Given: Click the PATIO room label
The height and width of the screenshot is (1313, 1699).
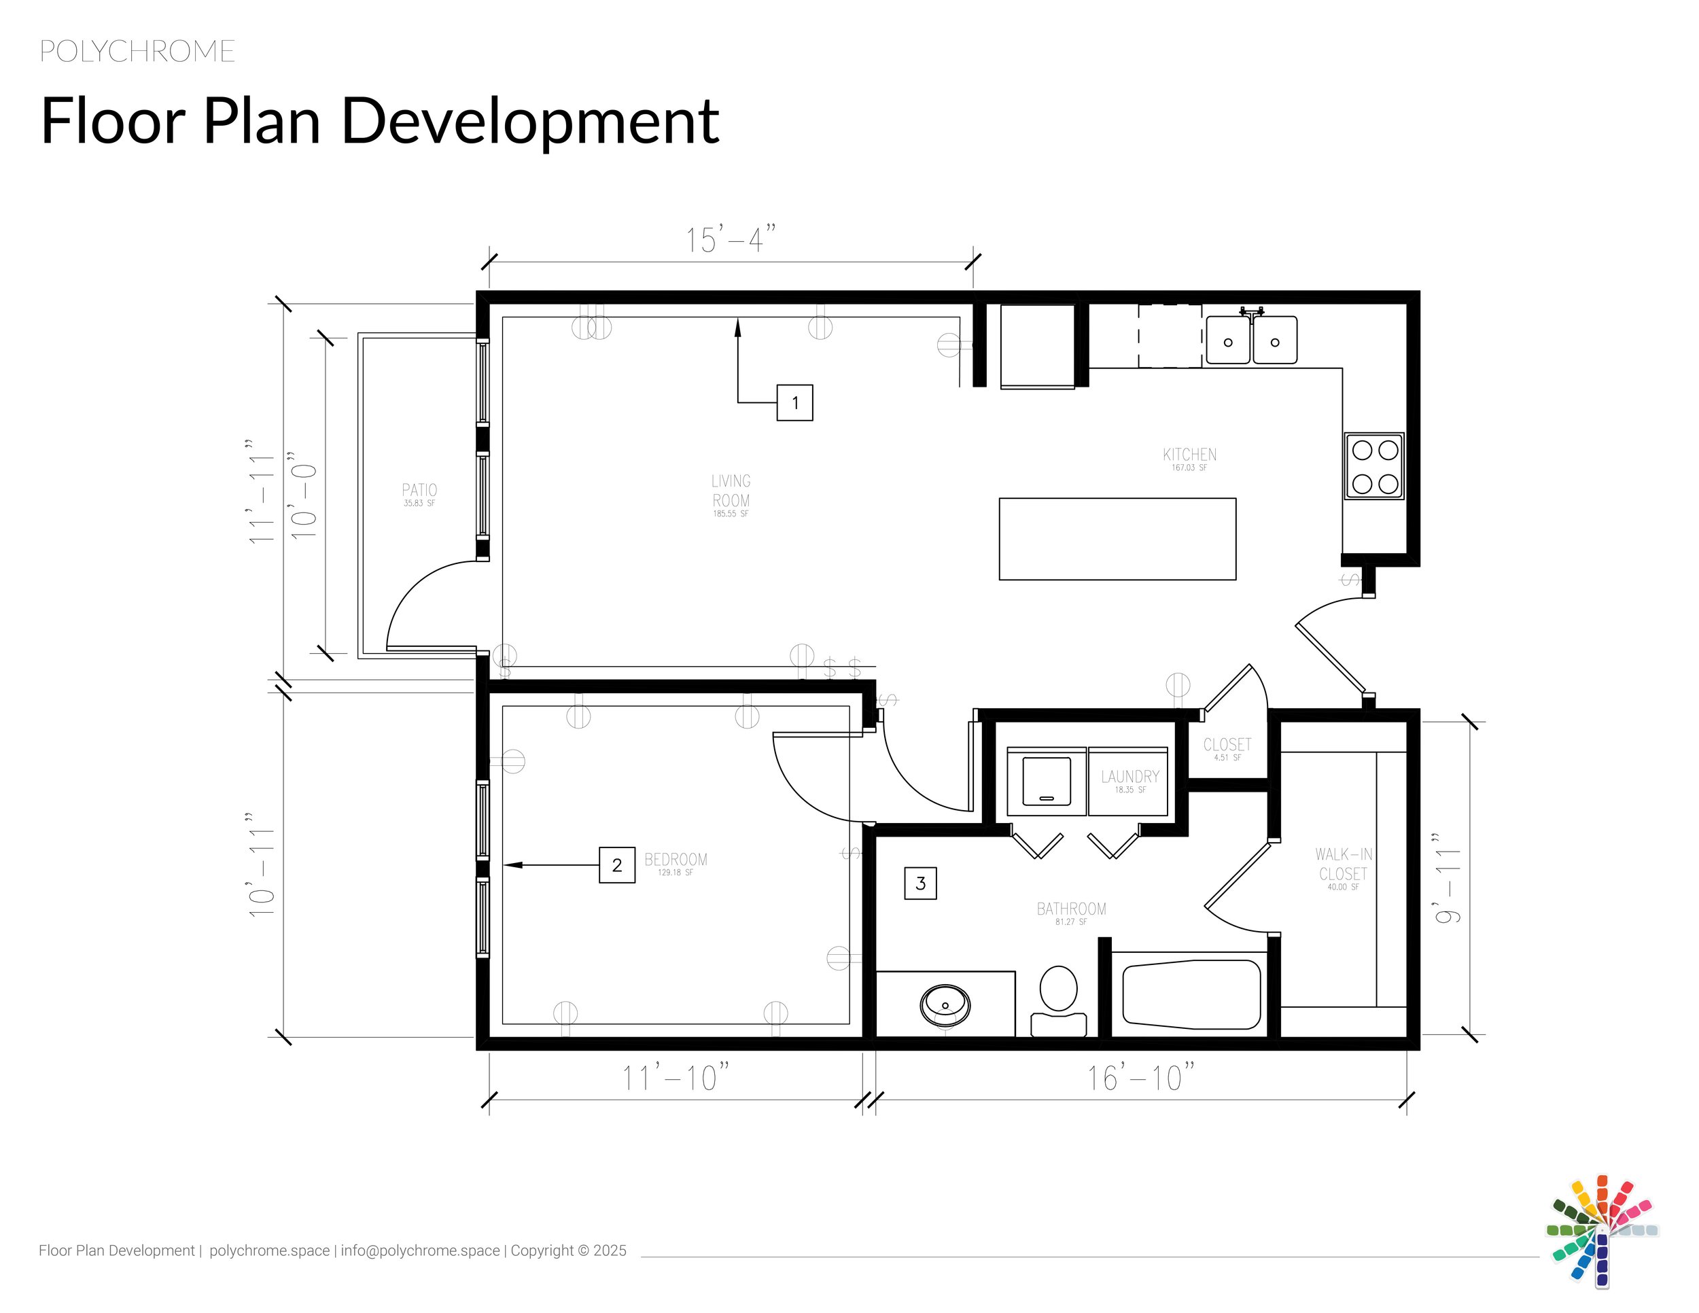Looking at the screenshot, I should [419, 490].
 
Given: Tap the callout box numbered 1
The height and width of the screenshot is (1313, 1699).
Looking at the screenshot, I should [794, 403].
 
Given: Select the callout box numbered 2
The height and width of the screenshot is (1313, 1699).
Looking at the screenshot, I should [617, 865].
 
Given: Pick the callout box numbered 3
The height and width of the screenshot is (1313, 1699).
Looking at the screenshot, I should [920, 883].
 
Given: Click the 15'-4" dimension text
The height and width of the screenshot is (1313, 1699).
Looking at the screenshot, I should [731, 240].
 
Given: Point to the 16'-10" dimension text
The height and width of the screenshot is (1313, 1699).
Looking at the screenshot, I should [1140, 1078].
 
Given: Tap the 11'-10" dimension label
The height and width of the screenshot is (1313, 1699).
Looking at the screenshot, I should [676, 1078].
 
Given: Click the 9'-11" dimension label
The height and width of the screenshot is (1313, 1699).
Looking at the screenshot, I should [1448, 878].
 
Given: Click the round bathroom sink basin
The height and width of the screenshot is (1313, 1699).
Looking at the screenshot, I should [945, 1005].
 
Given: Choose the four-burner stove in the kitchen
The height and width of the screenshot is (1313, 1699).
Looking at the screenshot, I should [1375, 467].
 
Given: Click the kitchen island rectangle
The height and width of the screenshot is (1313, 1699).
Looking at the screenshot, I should [1117, 539].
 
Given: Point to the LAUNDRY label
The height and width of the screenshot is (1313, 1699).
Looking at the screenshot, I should [1129, 777].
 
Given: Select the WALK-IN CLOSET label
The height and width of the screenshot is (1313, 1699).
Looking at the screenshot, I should [1344, 864].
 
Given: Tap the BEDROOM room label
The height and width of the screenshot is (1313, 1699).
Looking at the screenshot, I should [676, 860].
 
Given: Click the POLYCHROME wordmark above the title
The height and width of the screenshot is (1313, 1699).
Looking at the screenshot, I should [137, 52].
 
